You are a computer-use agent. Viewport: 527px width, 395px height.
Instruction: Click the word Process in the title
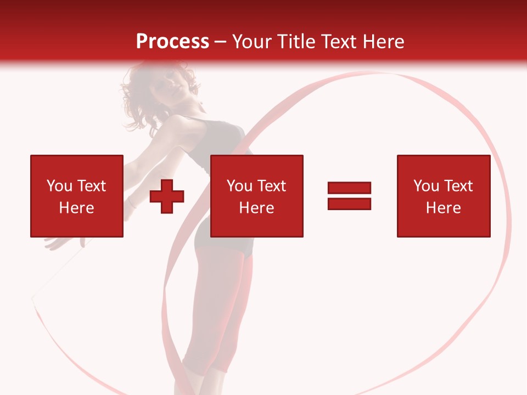172,41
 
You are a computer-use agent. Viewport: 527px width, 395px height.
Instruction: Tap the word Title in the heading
296,41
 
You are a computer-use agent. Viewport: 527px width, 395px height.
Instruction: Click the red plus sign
167,196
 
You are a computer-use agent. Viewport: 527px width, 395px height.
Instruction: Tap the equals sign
349,196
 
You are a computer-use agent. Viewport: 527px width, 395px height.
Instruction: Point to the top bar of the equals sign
349,188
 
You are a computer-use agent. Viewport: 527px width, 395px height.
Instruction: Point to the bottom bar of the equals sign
349,204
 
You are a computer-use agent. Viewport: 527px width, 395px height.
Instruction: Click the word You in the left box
59,186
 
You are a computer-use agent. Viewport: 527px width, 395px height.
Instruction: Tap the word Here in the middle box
256,208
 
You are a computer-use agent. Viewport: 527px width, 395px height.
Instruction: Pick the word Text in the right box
458,186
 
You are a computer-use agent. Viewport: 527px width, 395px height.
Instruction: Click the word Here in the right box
443,208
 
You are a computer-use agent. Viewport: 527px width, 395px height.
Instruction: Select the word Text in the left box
91,186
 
